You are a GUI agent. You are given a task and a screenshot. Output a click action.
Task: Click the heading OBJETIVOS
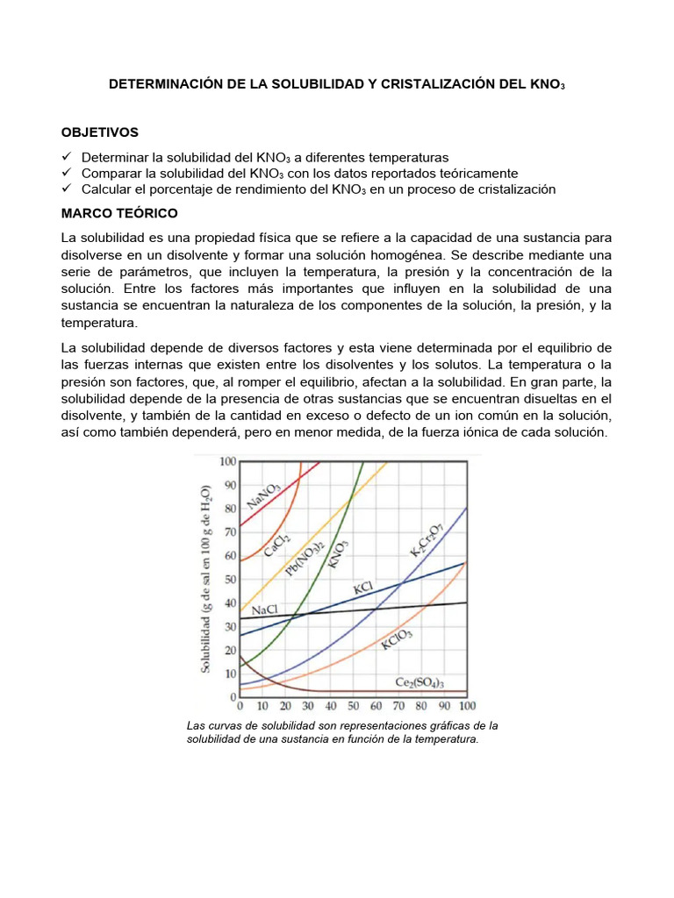(x=100, y=132)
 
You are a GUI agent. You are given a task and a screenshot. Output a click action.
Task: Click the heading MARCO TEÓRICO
(x=119, y=213)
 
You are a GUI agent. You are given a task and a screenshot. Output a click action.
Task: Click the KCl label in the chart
(x=365, y=587)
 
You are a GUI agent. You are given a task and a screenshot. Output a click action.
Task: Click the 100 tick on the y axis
(x=227, y=461)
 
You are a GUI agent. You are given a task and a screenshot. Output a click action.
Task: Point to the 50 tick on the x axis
(x=353, y=706)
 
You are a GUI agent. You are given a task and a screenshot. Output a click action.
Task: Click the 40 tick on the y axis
(x=230, y=602)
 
